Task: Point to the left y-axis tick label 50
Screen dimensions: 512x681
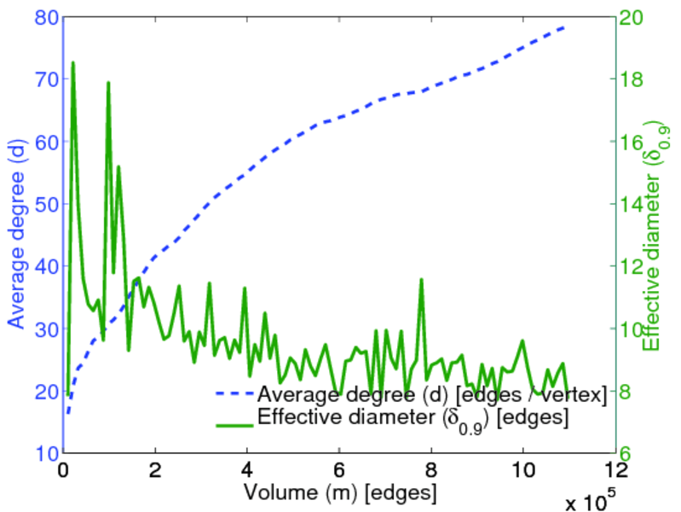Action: (46, 204)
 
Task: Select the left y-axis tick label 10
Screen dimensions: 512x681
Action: (46, 453)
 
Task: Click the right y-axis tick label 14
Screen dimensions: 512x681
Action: (632, 204)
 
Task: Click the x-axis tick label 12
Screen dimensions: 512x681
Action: (615, 470)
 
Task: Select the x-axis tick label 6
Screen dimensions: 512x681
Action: (339, 470)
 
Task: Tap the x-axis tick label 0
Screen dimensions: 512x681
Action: (63, 470)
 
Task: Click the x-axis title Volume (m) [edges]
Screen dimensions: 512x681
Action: (340, 492)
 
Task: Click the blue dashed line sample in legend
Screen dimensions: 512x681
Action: (232, 395)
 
